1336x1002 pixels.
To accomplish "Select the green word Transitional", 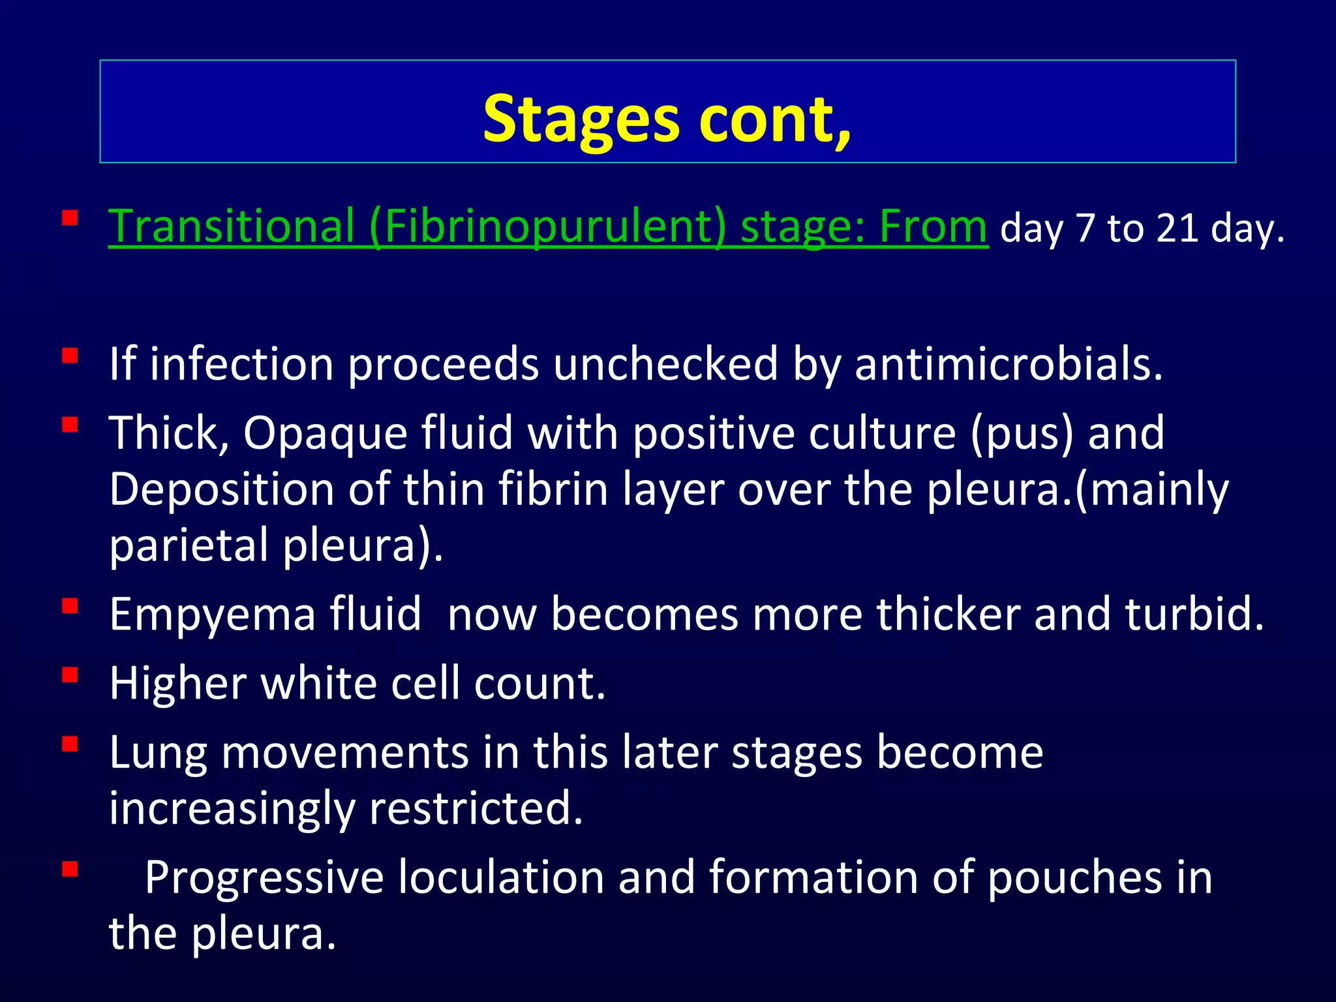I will pyautogui.click(x=231, y=226).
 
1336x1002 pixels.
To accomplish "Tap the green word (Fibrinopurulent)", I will pyautogui.click(x=547, y=226).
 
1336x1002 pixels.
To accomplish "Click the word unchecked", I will pyautogui.click(x=665, y=363).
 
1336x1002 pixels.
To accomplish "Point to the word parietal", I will pyautogui.click(x=189, y=545).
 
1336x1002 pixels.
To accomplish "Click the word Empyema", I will pyautogui.click(x=212, y=614).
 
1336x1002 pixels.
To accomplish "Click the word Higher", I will pyautogui.click(x=177, y=683).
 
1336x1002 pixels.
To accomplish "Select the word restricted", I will pyautogui.click(x=476, y=808).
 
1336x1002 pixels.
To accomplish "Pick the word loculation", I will pyautogui.click(x=501, y=877).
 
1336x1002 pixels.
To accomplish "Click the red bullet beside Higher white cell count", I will pyautogui.click(x=70, y=675).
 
